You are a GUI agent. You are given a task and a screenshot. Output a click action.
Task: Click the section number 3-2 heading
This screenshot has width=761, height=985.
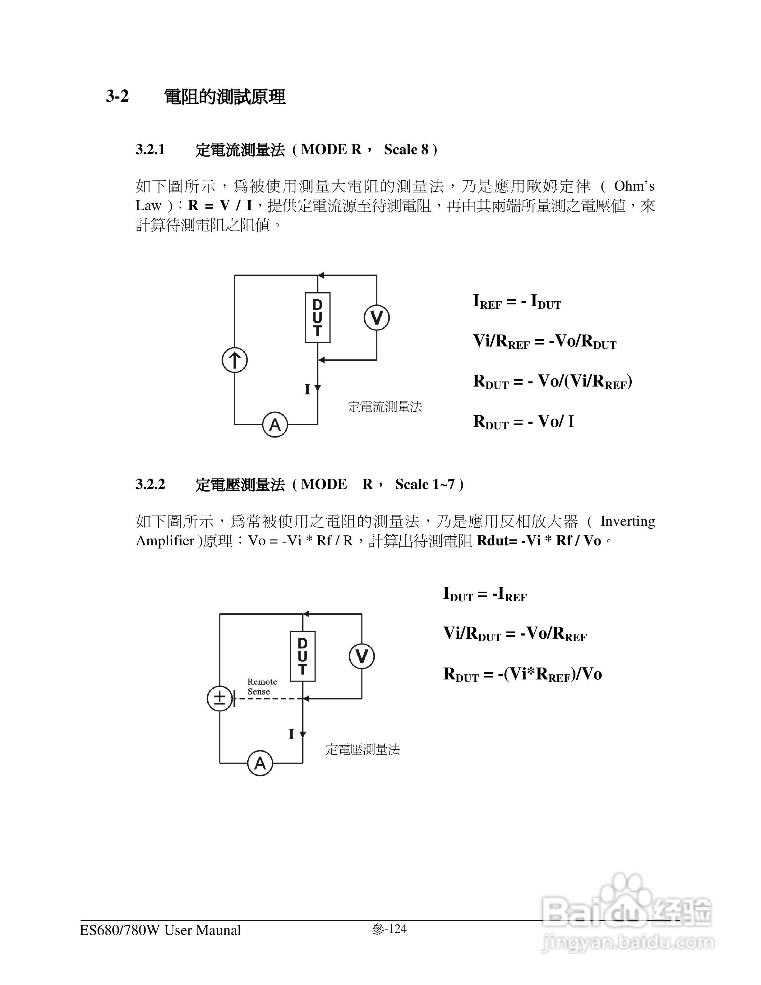pos(117,96)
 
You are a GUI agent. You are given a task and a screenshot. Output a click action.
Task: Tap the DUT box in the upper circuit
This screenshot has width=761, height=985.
pos(317,317)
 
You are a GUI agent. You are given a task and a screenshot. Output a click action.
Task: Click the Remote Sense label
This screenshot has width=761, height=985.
pos(262,687)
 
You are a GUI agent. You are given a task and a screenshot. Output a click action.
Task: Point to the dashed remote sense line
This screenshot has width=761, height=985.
pos(268,699)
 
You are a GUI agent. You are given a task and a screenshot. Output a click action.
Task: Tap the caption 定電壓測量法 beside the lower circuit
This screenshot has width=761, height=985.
pos(362,750)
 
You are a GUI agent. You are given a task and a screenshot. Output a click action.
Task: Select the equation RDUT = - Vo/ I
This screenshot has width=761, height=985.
pos(523,422)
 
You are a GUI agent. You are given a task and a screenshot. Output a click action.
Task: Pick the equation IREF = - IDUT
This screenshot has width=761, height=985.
pos(517,301)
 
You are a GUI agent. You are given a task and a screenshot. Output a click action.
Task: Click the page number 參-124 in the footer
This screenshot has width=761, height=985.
pos(390,929)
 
